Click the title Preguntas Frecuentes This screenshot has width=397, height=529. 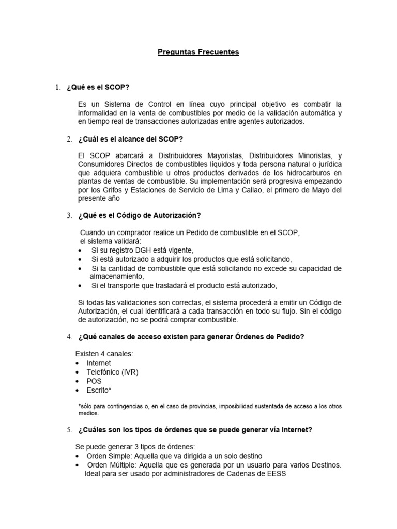pos(198,52)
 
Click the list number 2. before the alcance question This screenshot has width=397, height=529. pos(69,139)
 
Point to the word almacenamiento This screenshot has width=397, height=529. pos(115,276)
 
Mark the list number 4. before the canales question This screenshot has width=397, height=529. pos(69,337)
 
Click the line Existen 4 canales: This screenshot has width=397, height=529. pos(104,353)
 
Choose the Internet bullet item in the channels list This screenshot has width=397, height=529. pos(99,363)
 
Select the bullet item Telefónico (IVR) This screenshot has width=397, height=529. pos(112,372)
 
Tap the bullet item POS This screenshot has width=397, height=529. pos(94,381)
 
